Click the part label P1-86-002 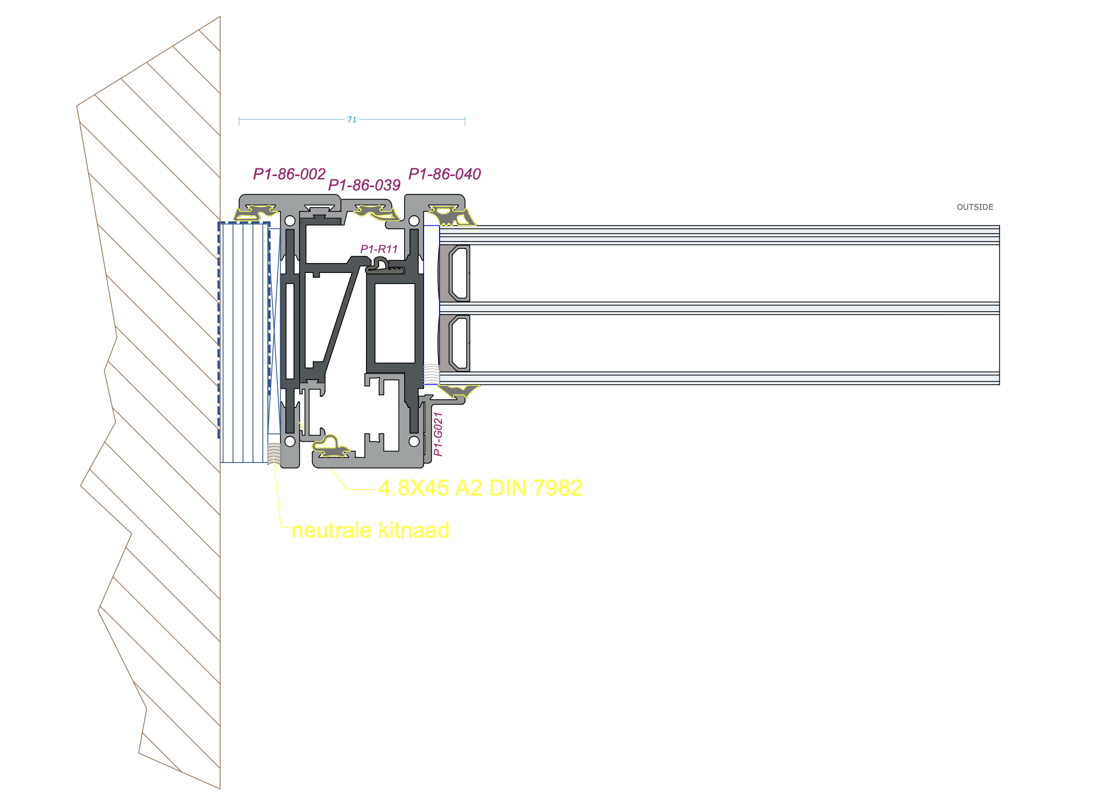click(289, 174)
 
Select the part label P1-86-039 click(364, 185)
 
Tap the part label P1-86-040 click(445, 174)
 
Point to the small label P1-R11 click(379, 249)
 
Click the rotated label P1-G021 click(438, 434)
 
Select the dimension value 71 click(352, 120)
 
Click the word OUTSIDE click(975, 207)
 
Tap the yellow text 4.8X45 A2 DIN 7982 click(480, 488)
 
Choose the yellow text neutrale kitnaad click(370, 530)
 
